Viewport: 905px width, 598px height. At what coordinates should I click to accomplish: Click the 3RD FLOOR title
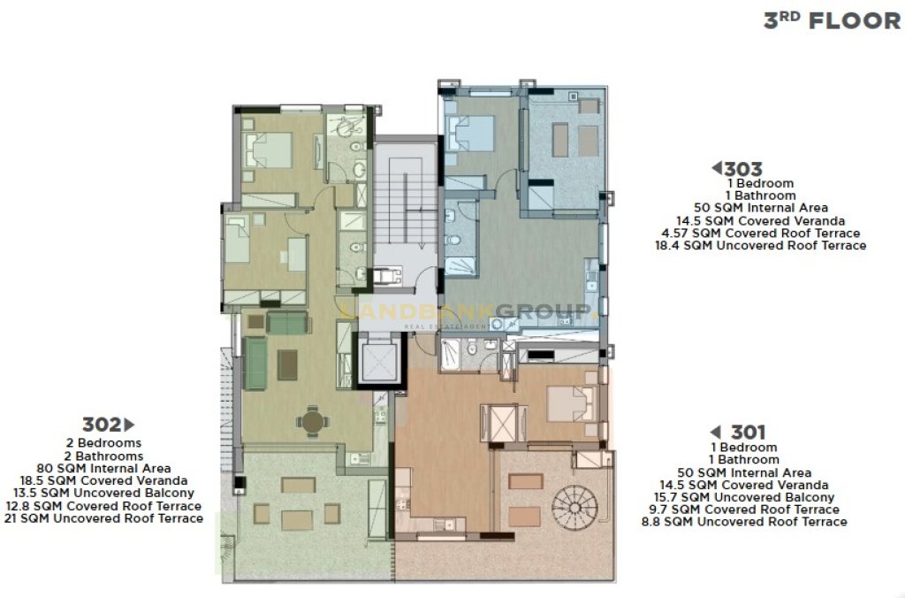tap(832, 20)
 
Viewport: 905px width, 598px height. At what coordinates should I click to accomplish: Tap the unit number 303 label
tap(742, 169)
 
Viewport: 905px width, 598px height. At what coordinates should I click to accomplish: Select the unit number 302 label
tap(101, 425)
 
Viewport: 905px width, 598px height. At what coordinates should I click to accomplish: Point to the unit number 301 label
tap(748, 433)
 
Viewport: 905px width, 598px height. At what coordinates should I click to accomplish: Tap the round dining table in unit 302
tap(312, 421)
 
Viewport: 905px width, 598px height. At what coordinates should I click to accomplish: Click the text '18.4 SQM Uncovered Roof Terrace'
tap(760, 246)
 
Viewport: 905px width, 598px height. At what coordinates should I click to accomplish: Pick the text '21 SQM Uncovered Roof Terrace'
tap(103, 518)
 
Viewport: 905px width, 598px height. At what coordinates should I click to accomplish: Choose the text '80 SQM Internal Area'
tap(104, 468)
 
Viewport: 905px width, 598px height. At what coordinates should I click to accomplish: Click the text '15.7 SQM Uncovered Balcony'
tap(744, 497)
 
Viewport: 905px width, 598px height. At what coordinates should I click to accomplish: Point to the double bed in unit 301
tap(573, 403)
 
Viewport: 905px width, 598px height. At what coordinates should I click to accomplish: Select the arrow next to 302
tap(129, 425)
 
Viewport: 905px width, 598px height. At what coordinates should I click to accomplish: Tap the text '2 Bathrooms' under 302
tap(104, 456)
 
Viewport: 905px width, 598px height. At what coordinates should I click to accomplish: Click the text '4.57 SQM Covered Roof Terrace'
tap(761, 233)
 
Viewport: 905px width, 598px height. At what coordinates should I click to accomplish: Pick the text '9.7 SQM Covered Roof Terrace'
tap(744, 509)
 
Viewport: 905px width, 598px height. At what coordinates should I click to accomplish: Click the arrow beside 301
tap(715, 433)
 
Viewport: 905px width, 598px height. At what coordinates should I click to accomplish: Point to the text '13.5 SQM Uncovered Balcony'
tap(103, 493)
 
